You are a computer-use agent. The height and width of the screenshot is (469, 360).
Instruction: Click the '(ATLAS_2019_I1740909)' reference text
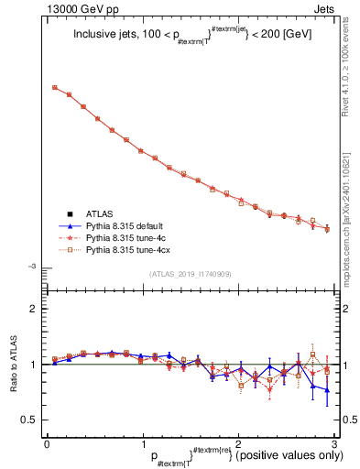[x=190, y=274]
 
